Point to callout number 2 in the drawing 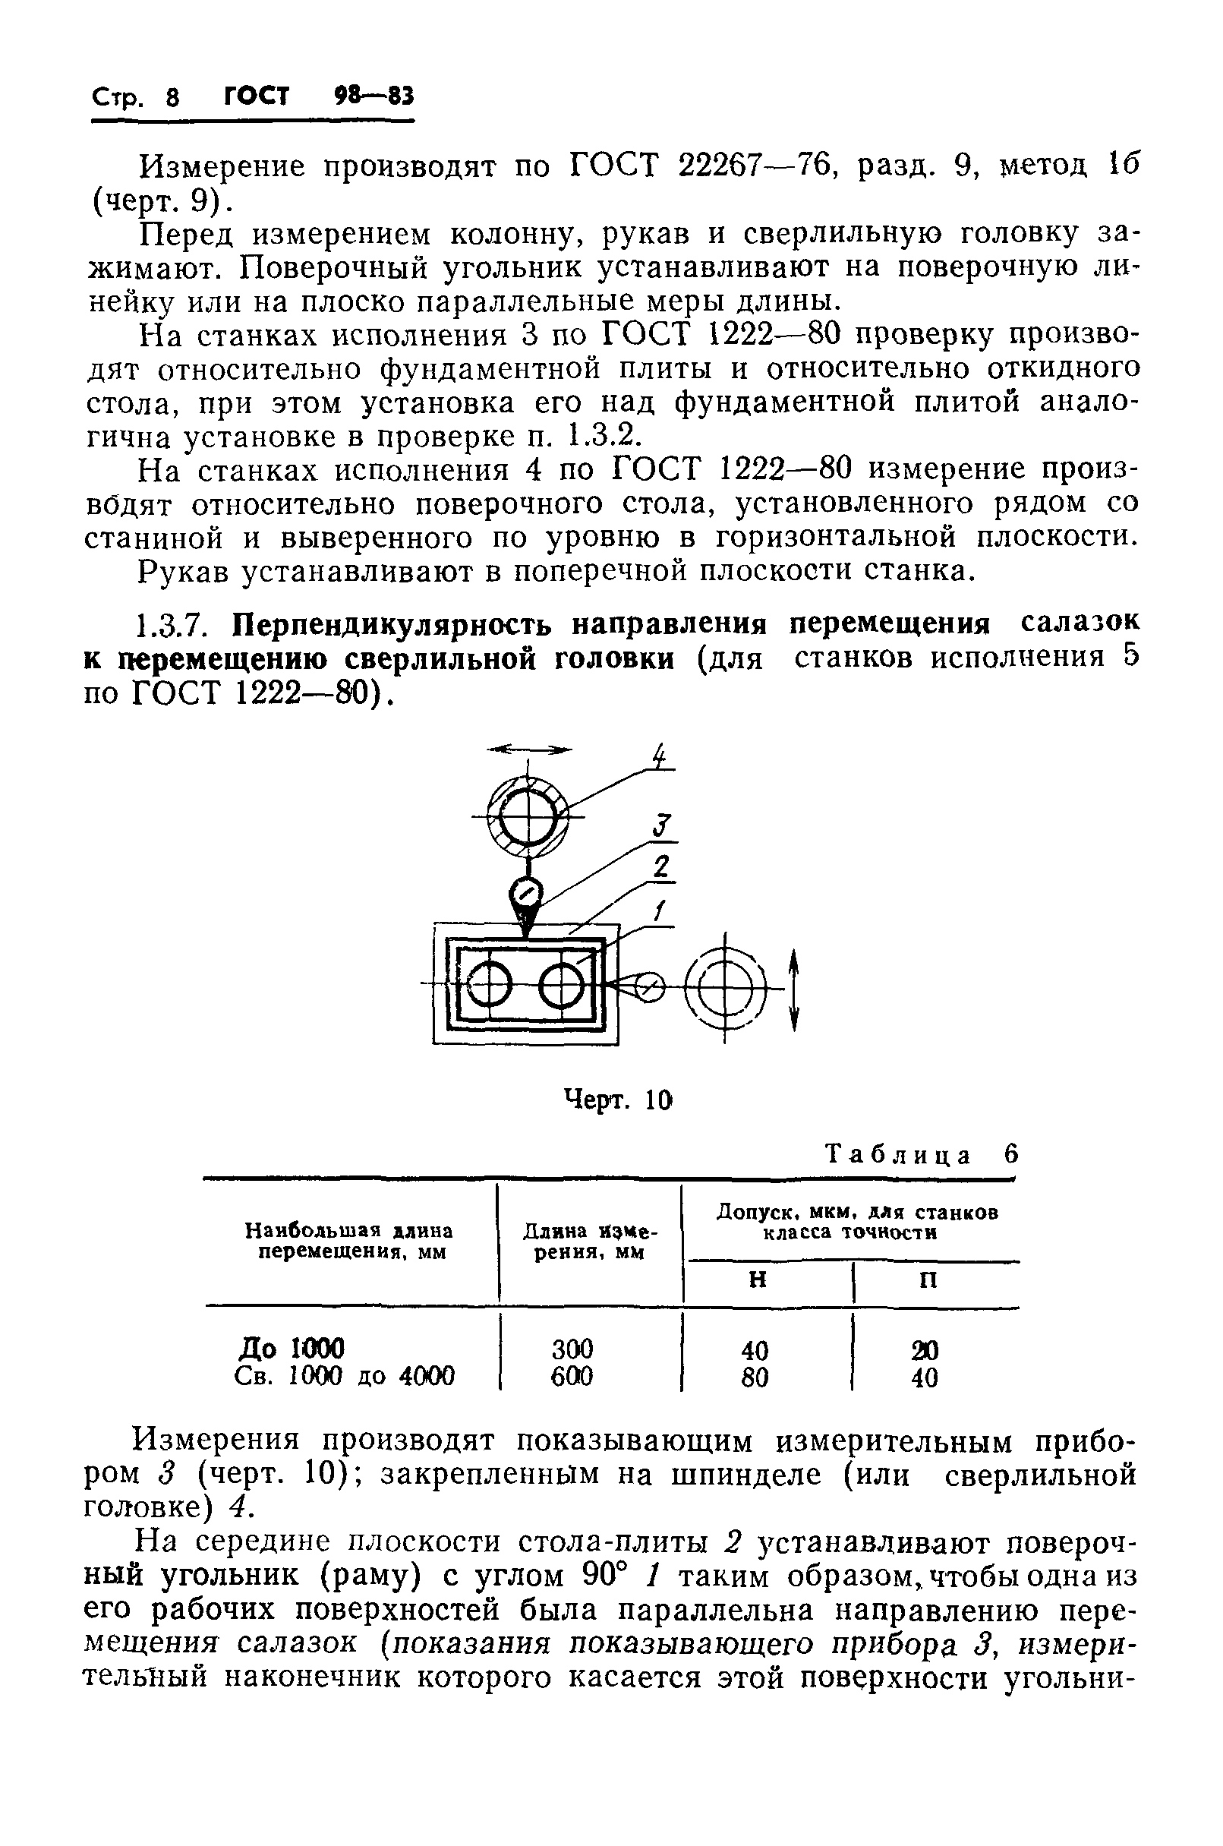click(661, 867)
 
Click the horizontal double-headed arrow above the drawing click(529, 749)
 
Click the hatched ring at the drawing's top click(528, 816)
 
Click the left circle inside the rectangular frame click(489, 986)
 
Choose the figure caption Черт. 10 click(617, 1101)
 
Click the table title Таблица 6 click(921, 1155)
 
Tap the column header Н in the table click(757, 1280)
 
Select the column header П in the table click(928, 1280)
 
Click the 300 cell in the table click(572, 1348)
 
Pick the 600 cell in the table click(572, 1375)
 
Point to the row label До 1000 click(291, 1347)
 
